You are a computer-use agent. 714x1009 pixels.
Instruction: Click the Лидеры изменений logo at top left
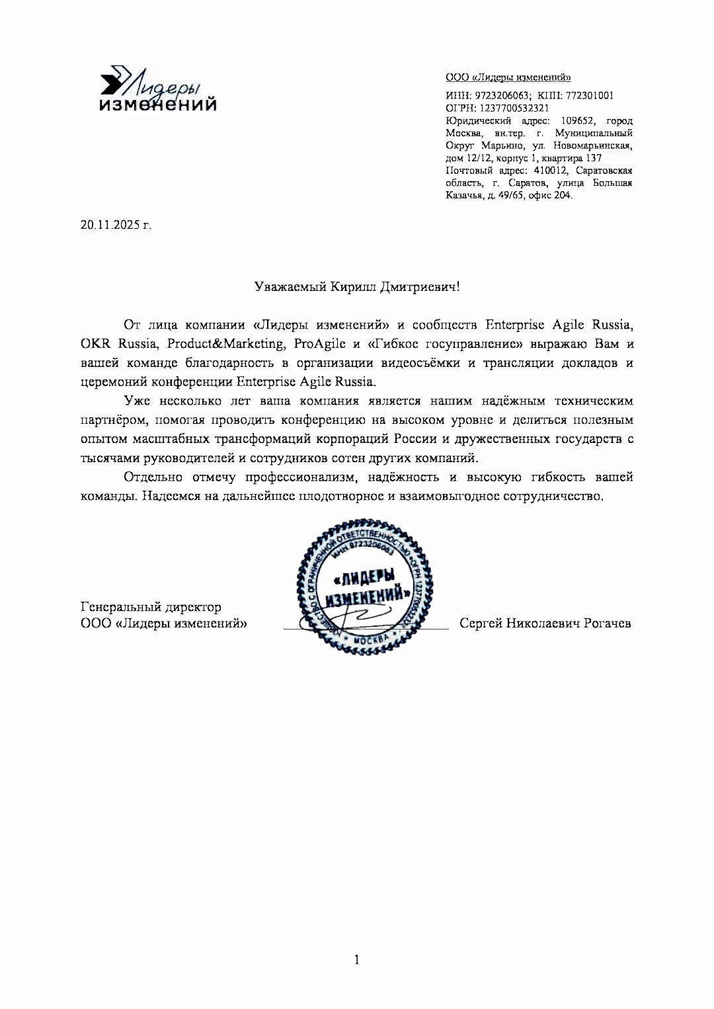coord(157,89)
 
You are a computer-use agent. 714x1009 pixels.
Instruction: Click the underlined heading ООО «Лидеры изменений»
coord(508,77)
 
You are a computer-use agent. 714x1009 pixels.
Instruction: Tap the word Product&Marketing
coord(225,344)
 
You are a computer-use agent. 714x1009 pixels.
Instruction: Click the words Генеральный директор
coord(151,606)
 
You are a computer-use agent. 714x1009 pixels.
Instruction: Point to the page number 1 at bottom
coord(357,959)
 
